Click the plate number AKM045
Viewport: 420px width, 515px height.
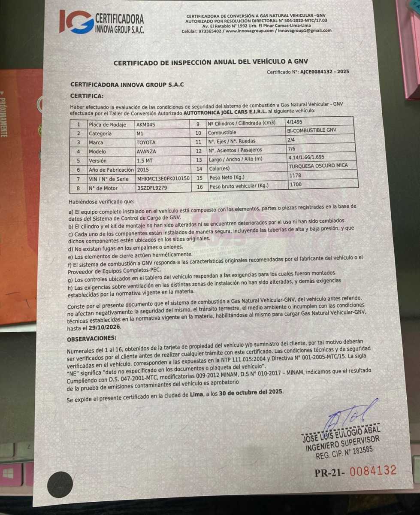(x=146, y=124)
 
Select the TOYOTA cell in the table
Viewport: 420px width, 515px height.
(x=146, y=142)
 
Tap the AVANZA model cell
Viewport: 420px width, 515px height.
(x=147, y=151)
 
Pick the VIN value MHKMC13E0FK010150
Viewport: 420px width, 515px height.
(x=163, y=179)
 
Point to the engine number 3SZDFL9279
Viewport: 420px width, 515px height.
(x=152, y=188)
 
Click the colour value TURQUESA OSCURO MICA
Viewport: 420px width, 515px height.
(x=318, y=166)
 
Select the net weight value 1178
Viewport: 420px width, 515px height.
(x=296, y=175)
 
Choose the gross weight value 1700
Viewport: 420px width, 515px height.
(x=296, y=185)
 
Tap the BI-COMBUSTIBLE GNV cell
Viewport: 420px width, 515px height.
(x=311, y=130)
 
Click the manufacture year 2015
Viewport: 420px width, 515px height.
(x=143, y=170)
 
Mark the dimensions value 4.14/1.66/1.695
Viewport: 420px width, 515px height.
(x=306, y=157)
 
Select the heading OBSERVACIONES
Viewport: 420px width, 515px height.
(x=92, y=339)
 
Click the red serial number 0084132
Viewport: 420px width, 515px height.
(x=373, y=471)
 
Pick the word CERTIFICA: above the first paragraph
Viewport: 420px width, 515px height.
(x=87, y=96)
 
